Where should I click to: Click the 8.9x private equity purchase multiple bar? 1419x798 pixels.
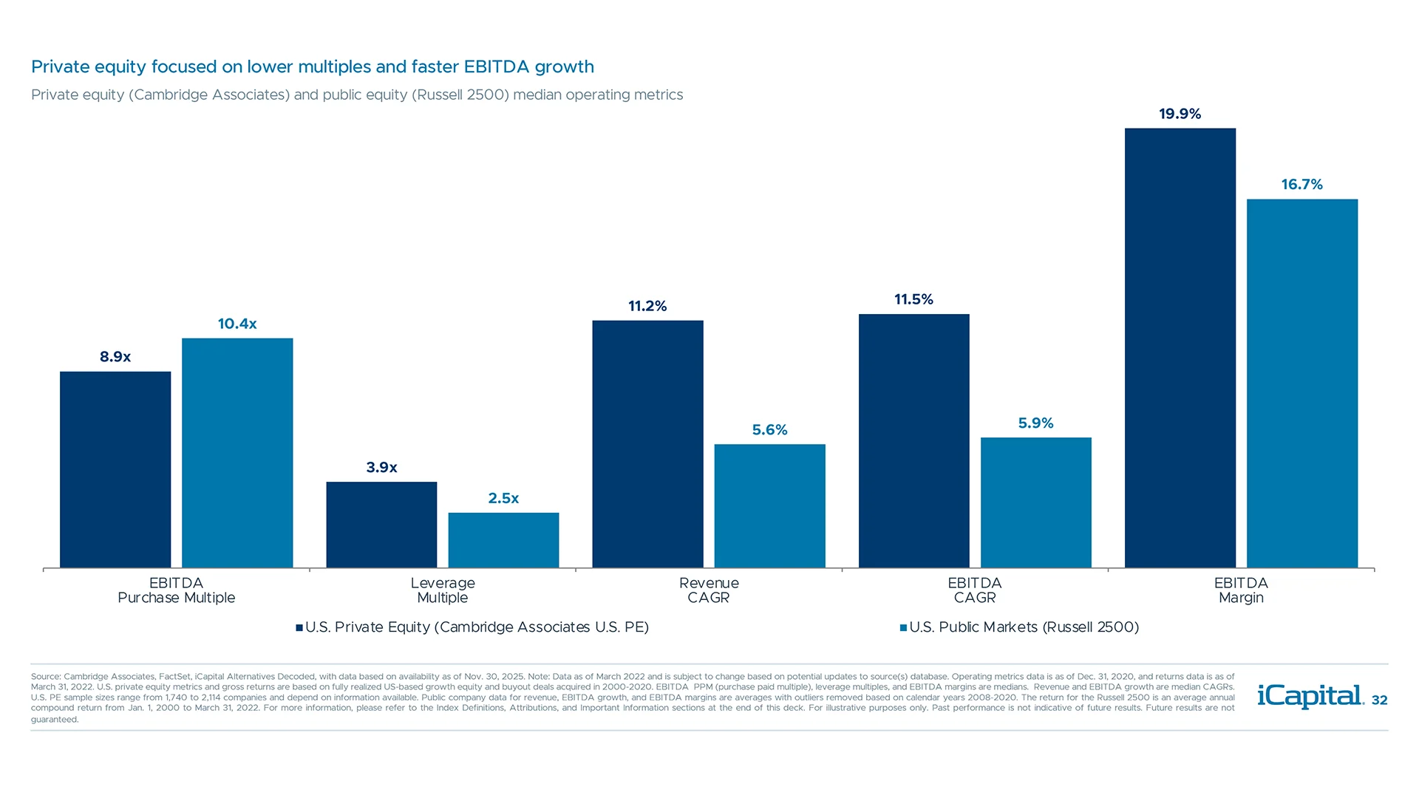(115, 469)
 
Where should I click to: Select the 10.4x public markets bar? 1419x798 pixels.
(237, 453)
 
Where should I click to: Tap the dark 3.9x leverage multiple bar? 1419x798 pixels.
(381, 525)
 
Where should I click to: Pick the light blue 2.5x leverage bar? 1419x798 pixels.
(503, 540)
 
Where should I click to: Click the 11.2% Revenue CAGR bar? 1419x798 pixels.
(647, 443)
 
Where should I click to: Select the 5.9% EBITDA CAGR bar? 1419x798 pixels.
(1035, 502)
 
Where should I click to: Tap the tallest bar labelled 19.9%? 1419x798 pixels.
(1180, 347)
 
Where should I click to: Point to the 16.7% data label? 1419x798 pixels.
(1301, 185)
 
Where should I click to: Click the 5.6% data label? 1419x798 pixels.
(769, 430)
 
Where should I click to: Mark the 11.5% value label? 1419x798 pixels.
(913, 299)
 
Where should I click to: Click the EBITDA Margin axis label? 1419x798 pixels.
(1241, 590)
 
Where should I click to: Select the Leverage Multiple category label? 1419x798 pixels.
(442, 590)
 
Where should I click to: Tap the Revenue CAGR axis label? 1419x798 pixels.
(708, 590)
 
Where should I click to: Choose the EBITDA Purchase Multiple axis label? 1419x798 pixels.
(176, 590)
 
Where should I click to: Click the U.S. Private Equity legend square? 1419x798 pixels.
(299, 628)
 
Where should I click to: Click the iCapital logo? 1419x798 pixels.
(1310, 696)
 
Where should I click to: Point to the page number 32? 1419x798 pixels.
(1379, 700)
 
